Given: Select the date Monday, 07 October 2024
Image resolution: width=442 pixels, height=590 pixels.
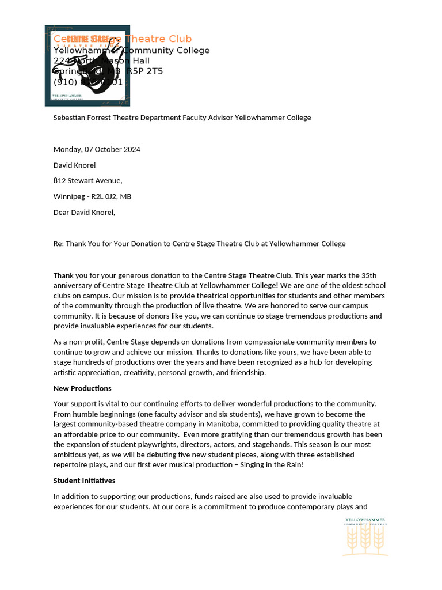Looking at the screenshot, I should [97, 149].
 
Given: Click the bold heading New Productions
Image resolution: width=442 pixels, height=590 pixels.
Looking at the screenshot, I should [82, 388].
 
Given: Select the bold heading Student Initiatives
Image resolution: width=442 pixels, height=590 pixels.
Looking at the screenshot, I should [84, 481].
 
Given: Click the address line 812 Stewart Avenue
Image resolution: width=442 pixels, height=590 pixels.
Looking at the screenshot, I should [87, 181].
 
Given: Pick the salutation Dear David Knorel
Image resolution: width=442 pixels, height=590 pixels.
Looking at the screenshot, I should [84, 212].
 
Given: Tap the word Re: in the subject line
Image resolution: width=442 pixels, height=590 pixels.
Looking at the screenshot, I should [59, 244].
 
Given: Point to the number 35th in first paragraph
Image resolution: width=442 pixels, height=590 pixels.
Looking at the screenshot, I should [369, 275].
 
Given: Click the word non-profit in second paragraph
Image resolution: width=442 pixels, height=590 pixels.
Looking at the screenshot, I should [81, 342].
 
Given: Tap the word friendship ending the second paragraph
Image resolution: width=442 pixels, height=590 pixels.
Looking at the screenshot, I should [247, 373].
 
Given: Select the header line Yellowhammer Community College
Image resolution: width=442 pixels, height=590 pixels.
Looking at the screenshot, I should [131, 51].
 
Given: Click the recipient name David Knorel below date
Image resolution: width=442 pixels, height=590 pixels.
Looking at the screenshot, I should [74, 165].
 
